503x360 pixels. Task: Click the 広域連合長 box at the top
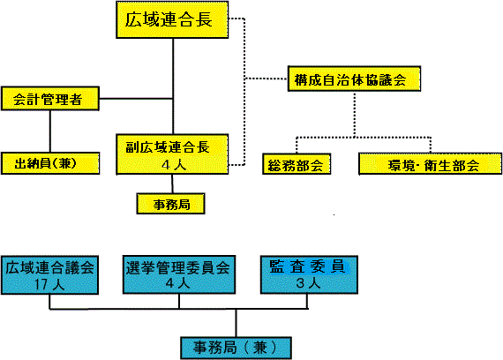point(172,20)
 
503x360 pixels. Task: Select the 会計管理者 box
point(50,99)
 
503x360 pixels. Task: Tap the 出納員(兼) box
point(50,163)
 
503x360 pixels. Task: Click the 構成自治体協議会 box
point(354,79)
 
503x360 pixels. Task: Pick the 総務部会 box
point(297,164)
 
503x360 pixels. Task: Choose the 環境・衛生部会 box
point(430,164)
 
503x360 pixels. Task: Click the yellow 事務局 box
point(170,204)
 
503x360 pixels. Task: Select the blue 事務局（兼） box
point(236,348)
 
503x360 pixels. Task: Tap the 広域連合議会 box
point(49,275)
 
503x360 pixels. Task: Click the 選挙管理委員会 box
point(179,274)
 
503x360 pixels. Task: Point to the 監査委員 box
point(309,274)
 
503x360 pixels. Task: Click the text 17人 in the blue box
point(49,284)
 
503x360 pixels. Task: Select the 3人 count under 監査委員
point(308,283)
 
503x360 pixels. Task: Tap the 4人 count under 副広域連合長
point(174,165)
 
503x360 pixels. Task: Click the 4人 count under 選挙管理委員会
point(178,283)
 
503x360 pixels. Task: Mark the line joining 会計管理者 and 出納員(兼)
point(50,131)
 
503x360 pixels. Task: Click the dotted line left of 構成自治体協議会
point(267,79)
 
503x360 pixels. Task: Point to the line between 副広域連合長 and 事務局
point(172,184)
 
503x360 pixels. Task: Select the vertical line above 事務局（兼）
point(236,323)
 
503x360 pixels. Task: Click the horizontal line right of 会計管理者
point(136,99)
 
